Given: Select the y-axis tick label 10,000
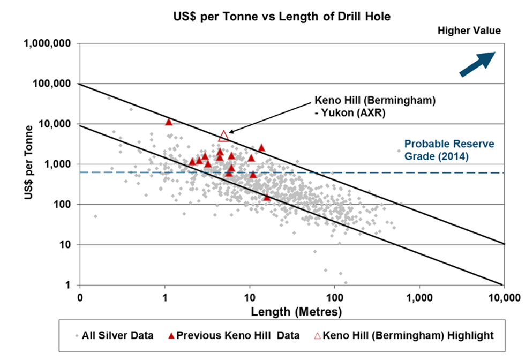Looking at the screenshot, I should click(x=55, y=124).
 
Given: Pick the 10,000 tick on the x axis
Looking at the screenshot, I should click(x=504, y=297).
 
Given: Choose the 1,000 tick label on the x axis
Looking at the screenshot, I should click(x=419, y=297).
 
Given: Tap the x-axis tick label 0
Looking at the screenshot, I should click(x=80, y=297).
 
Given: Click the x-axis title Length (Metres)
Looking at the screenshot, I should click(x=292, y=310).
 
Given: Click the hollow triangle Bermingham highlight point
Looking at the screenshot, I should click(x=223, y=136).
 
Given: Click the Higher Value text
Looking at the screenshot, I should click(x=469, y=31).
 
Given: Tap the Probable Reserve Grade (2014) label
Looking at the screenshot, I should click(x=449, y=150).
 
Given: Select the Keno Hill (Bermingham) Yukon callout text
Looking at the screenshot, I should click(x=353, y=106).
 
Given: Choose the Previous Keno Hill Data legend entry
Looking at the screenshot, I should click(x=234, y=336).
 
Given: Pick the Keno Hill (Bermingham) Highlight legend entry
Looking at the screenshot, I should click(x=404, y=336).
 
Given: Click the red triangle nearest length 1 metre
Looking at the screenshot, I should click(x=169, y=122).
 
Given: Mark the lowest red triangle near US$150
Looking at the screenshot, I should click(x=267, y=197).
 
